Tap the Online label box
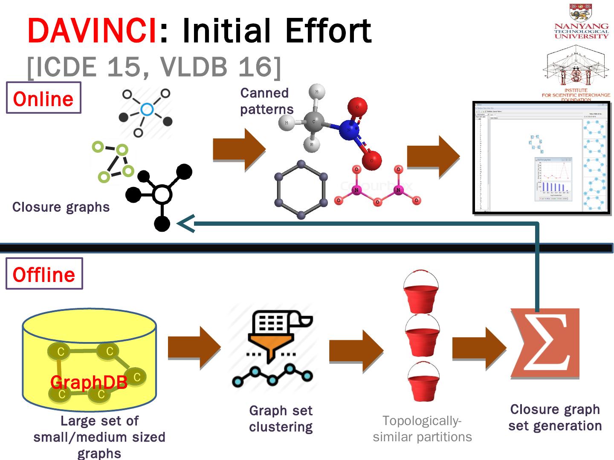[43, 98]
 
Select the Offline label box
[44, 274]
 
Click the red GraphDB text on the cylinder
[89, 382]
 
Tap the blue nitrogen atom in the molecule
[349, 130]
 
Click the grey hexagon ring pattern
[301, 190]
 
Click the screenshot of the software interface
[542, 158]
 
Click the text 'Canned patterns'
[266, 101]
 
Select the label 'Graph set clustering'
[281, 419]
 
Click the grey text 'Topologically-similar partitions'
[422, 428]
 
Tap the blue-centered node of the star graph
[147, 110]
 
